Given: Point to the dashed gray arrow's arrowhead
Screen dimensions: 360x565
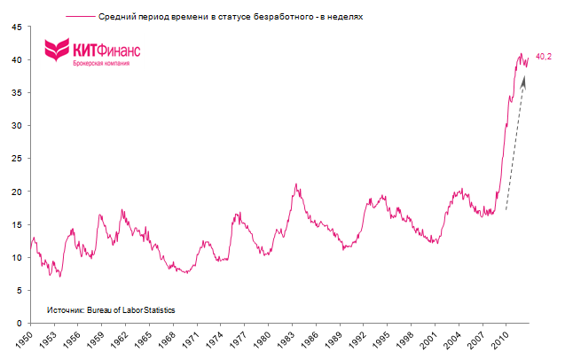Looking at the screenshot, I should tap(525, 80).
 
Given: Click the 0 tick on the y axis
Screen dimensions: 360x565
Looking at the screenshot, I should tap(20, 324).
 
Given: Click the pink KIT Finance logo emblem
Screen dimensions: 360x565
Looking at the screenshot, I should tap(58, 50).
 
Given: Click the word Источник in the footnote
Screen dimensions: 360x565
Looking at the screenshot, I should tap(64, 309).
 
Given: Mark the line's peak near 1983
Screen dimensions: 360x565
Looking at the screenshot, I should tap(295, 184).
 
